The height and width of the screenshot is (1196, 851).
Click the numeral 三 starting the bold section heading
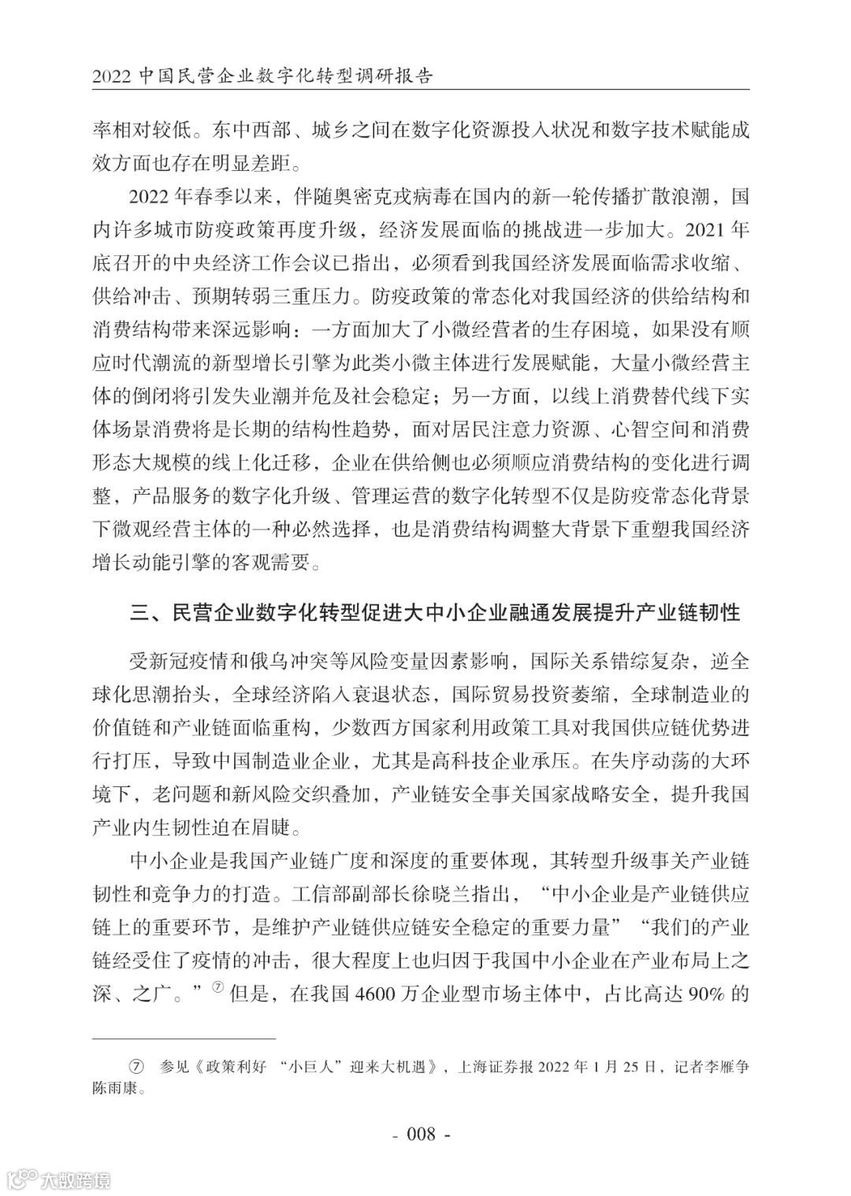139,612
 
